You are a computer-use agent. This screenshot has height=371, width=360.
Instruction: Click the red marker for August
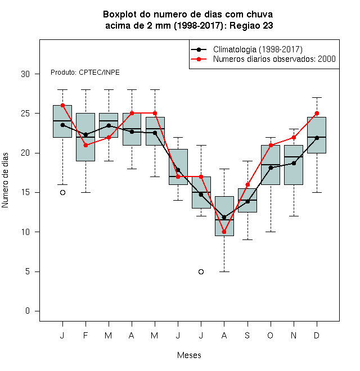[224, 232]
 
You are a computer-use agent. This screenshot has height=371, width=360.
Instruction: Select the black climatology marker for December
[317, 138]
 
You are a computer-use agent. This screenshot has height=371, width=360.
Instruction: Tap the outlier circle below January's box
[62, 193]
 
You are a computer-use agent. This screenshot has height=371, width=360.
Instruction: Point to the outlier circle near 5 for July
[201, 272]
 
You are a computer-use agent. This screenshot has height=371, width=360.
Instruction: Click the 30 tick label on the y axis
[25, 74]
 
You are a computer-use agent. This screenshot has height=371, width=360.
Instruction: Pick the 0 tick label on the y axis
[28, 311]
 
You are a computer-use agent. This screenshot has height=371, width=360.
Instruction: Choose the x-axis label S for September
[247, 335]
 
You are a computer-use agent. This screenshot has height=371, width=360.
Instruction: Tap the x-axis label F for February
[85, 335]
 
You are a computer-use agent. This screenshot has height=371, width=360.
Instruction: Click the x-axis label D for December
[317, 335]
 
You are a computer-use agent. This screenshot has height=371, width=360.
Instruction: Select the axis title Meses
[189, 355]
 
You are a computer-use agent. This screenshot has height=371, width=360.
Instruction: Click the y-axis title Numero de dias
[5, 180]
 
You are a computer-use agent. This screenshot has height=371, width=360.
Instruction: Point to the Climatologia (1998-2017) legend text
[258, 49]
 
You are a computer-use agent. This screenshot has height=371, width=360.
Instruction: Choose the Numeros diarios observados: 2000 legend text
[274, 59]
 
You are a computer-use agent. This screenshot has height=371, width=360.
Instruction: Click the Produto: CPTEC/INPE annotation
[85, 73]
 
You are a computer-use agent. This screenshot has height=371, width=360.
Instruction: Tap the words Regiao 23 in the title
[251, 25]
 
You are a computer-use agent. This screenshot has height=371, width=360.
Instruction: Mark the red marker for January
[62, 106]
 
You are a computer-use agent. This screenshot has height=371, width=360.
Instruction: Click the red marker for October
[271, 145]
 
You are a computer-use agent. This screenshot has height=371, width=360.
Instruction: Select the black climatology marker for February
[85, 135]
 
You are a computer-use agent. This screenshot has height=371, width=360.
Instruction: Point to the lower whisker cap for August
[224, 272]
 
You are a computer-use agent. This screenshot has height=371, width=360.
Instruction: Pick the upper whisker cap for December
[317, 97]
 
